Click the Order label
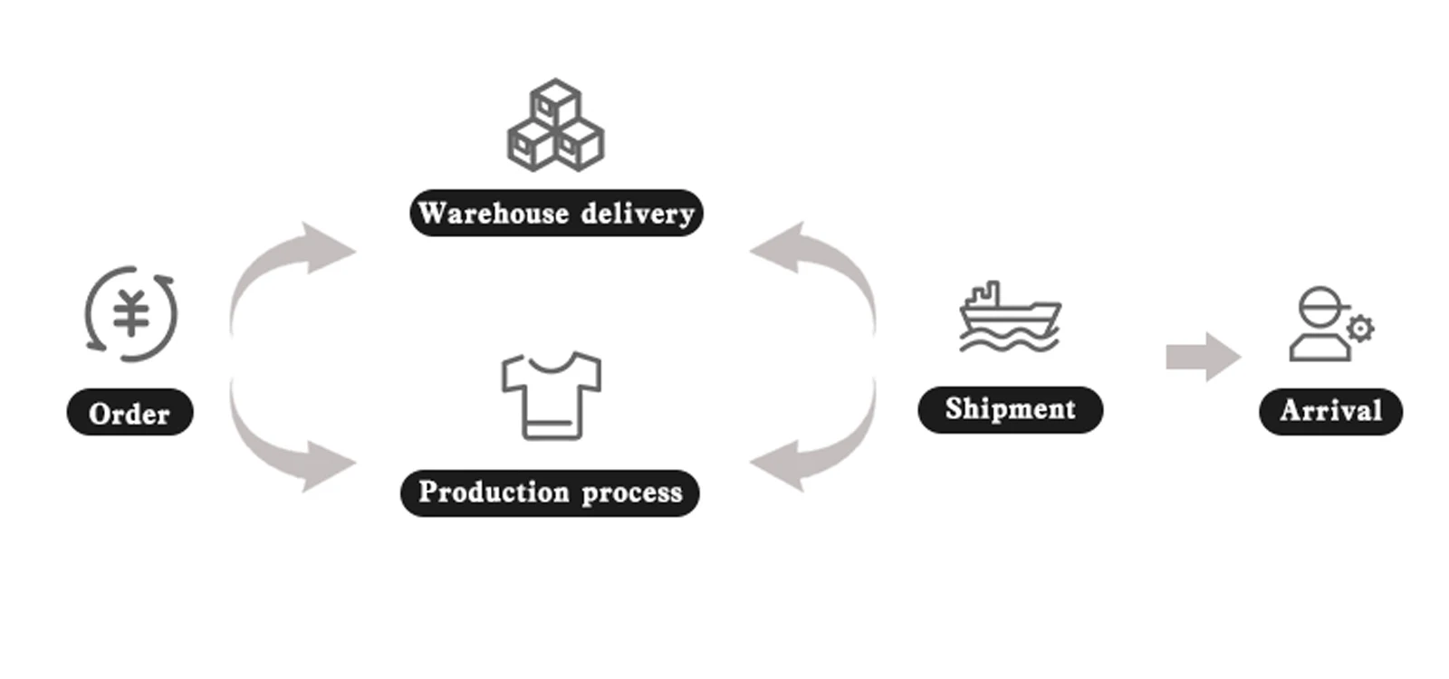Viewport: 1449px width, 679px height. click(130, 412)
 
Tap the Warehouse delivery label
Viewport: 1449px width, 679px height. click(556, 213)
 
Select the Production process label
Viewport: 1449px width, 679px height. click(550, 493)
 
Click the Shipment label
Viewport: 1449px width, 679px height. click(1011, 409)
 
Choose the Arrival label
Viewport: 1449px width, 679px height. click(1330, 411)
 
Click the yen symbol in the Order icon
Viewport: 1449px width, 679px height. click(131, 313)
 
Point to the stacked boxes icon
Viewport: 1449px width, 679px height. click(556, 126)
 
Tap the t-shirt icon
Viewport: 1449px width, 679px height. click(552, 396)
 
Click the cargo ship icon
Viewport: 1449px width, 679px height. click(1010, 317)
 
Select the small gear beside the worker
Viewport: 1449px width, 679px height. click(1360, 329)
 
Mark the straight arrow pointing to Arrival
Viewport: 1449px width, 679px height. click(1204, 357)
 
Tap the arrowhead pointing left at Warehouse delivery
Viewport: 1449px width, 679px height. click(777, 248)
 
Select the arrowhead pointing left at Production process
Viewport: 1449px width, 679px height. click(777, 465)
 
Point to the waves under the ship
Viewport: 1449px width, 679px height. click(1009, 340)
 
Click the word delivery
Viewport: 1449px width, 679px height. click(638, 214)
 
